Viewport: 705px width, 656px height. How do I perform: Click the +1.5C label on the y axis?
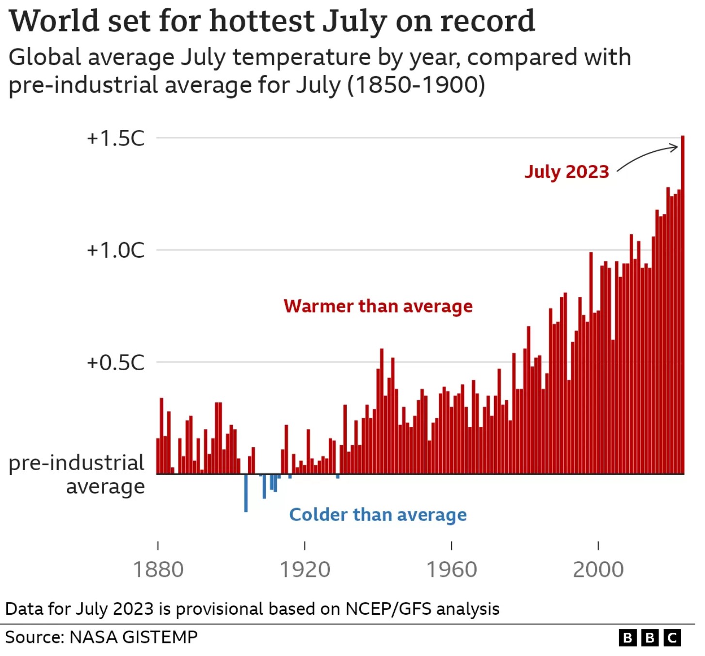pos(115,138)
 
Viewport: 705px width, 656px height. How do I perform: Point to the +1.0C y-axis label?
pos(115,250)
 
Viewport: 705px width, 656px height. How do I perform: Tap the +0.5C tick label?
pos(115,362)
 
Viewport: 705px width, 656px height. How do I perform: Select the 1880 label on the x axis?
pos(158,569)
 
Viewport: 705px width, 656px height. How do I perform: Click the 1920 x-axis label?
pos(304,569)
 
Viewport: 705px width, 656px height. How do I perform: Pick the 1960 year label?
pos(451,569)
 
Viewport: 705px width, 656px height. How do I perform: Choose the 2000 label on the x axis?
pos(598,569)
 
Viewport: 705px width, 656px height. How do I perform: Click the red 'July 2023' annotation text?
pos(566,172)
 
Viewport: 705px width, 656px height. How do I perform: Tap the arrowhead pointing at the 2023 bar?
pos(674,148)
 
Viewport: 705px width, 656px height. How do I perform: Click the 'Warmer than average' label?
pos(378,306)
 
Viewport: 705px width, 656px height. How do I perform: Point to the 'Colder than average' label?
pos(378,514)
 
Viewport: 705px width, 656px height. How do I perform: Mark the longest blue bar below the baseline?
pos(246,493)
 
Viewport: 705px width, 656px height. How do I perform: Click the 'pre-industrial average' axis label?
pos(77,474)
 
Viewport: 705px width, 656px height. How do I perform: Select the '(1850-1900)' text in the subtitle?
pos(416,85)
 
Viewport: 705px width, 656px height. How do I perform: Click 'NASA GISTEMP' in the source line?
pos(133,637)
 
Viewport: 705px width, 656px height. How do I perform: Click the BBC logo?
pos(649,637)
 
